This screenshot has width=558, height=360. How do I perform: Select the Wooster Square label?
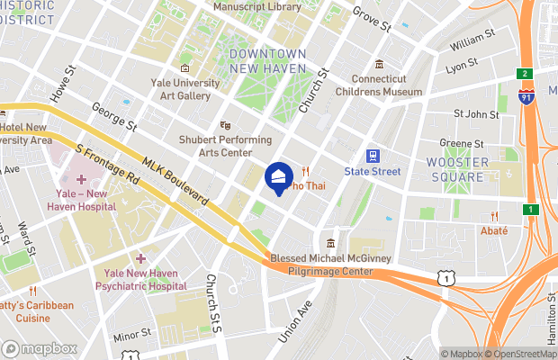tap(457, 169)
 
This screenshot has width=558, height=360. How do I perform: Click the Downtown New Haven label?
tap(268, 60)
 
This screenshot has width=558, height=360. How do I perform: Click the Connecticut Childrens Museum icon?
tap(380, 64)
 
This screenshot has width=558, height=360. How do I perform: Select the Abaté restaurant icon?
tap(494, 216)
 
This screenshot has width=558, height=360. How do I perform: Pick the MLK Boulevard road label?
tap(176, 180)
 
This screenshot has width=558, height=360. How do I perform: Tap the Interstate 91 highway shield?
tap(525, 94)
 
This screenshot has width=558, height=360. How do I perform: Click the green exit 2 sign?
tap(524, 73)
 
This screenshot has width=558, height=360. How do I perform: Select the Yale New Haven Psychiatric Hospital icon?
tap(139, 259)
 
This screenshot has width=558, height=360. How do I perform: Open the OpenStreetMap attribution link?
tap(521, 354)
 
